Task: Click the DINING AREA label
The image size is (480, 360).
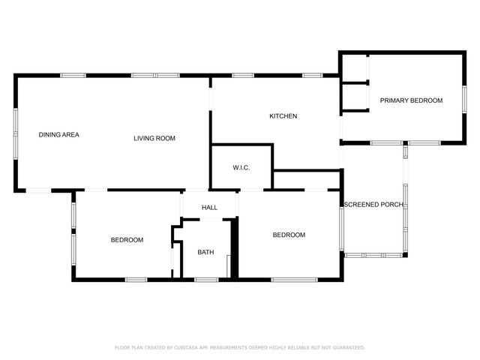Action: (59, 135)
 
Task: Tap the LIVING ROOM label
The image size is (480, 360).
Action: (154, 138)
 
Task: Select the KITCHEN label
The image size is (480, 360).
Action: (283, 116)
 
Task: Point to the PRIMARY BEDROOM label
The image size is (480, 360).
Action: (411, 100)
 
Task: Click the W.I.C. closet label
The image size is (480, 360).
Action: (241, 166)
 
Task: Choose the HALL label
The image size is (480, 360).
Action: (209, 208)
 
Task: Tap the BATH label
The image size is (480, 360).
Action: (205, 252)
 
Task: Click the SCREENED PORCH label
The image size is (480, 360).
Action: (373, 205)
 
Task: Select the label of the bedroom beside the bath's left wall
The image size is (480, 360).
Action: (127, 240)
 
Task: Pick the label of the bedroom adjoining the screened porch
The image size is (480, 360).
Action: (289, 235)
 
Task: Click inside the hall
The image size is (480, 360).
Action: (209, 200)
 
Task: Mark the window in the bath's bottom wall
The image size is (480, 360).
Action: (206, 280)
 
